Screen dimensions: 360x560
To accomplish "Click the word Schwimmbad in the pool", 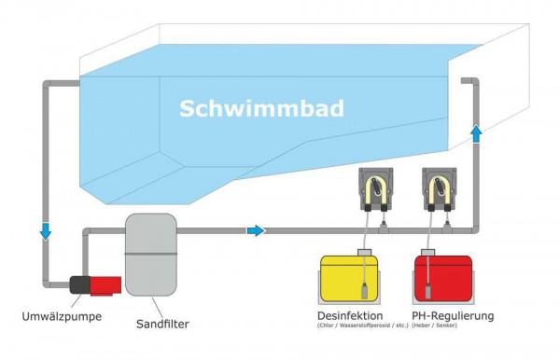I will [261, 109].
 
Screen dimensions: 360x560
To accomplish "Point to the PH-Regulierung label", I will [453, 316].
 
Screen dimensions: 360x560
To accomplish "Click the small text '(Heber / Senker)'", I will [453, 327].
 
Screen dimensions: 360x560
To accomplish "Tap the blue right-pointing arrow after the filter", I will [256, 230].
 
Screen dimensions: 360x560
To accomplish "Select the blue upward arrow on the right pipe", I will [477, 134].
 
